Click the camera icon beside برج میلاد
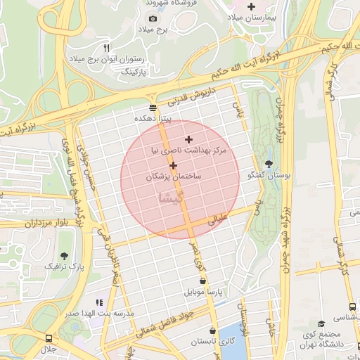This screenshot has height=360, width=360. (x=153, y=18)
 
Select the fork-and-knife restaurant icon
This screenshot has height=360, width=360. (x=107, y=48)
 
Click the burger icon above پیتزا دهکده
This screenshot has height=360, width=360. (x=153, y=108)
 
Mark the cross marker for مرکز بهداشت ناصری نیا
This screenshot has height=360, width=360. (x=188, y=139)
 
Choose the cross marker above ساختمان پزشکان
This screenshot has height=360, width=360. (x=173, y=165)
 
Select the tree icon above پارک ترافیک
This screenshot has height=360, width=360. (x=65, y=256)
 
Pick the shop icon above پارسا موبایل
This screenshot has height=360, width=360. (x=202, y=280)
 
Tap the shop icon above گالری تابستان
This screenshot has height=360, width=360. (x=212, y=330)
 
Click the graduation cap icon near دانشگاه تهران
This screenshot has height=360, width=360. (x=321, y=323)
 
